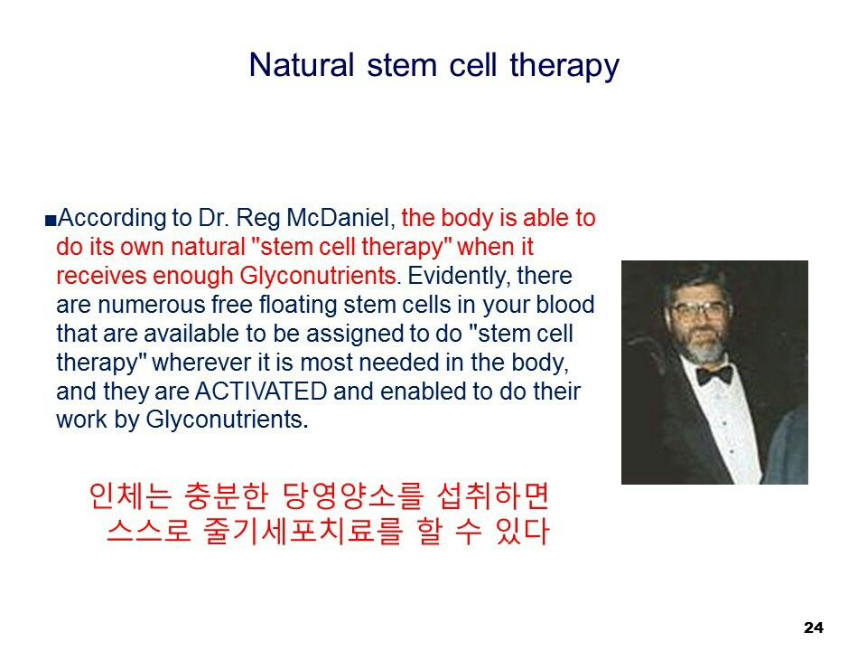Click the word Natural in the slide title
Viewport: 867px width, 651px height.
[302, 65]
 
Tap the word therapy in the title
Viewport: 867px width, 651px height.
[564, 67]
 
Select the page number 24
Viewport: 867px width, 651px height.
[814, 627]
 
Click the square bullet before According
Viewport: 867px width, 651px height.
[51, 221]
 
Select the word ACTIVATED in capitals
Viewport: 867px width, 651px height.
[261, 391]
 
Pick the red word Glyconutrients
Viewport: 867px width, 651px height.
[319, 277]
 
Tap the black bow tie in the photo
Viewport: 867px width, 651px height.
[714, 374]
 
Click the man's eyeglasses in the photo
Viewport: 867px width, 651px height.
[699, 310]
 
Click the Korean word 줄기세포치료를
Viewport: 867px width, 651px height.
[303, 531]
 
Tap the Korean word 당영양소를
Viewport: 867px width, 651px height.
[353, 496]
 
